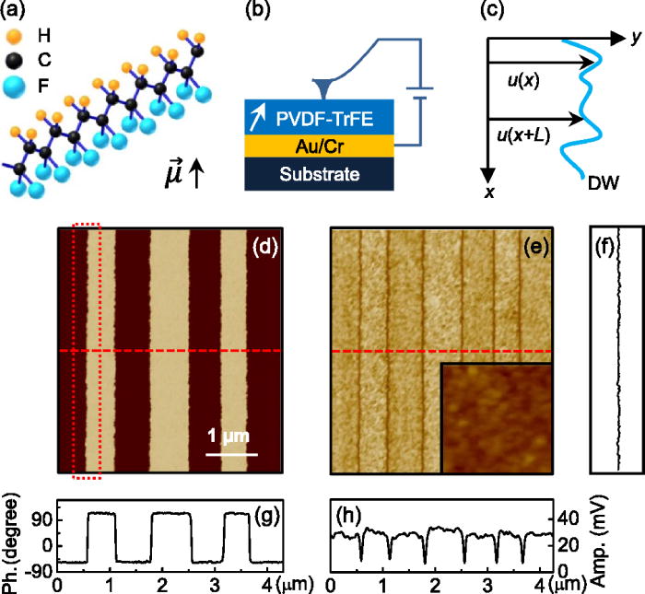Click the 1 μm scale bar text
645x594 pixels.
[x=227, y=436]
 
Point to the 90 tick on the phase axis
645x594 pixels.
[x=43, y=518]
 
